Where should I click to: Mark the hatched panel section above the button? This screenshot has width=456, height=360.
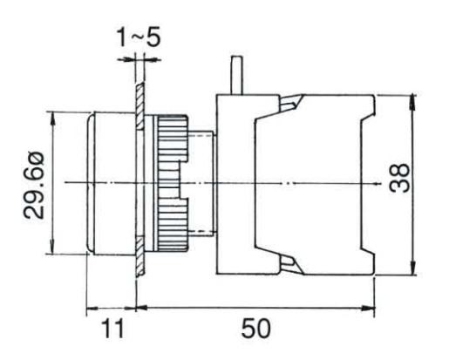click(137, 96)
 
